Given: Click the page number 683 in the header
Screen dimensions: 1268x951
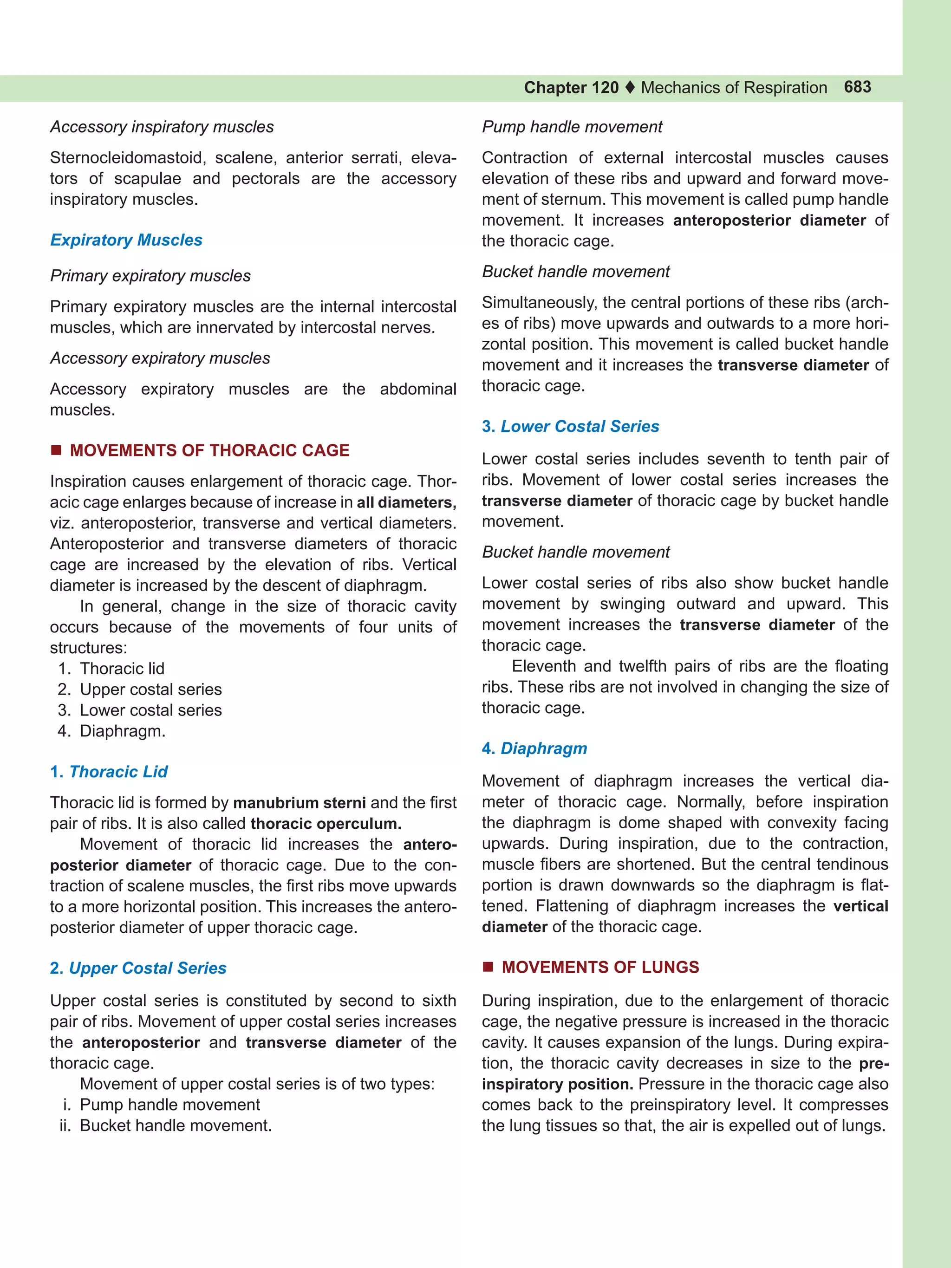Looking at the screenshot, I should click(x=857, y=87).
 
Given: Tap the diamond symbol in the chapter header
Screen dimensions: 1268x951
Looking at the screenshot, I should click(x=630, y=88).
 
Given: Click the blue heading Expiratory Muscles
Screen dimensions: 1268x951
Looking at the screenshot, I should click(x=126, y=240).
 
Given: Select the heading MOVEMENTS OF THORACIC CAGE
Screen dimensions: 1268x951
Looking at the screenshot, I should click(x=209, y=450).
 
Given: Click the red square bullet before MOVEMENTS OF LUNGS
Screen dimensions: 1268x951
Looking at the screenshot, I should click(x=488, y=967).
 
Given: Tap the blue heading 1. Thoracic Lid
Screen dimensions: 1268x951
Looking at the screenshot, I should click(x=109, y=772).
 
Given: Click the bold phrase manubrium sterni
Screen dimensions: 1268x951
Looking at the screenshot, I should click(x=299, y=802).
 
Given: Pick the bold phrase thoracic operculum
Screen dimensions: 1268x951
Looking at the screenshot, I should click(x=326, y=824).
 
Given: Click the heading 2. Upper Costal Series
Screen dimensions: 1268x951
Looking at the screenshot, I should click(x=138, y=968).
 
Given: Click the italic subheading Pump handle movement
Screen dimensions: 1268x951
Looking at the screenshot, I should click(x=572, y=127).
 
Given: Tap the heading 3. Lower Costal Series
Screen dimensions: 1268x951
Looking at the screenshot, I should click(x=570, y=427).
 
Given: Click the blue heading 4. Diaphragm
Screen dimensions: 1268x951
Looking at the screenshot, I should click(x=534, y=748).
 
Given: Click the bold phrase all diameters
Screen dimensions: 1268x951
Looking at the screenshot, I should click(x=406, y=502).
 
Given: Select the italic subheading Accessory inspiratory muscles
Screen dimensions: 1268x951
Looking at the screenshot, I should click(x=162, y=127).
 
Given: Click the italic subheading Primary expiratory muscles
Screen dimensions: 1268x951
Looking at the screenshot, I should click(x=150, y=276).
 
